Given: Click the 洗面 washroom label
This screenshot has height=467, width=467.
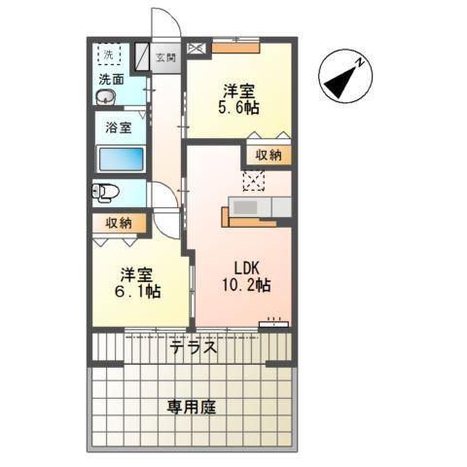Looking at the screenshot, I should (109, 80).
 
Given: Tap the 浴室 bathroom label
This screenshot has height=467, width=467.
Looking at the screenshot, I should (118, 126).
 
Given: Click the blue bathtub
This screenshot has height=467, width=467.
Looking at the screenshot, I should (121, 159).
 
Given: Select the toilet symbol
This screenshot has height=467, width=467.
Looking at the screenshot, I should (104, 192).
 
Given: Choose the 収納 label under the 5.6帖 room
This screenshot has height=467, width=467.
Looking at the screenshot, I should (268, 155).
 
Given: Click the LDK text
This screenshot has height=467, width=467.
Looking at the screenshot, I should (245, 268).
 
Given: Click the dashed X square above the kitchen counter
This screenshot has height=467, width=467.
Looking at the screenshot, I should (254, 179).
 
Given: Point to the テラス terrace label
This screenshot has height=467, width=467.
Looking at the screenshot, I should (193, 347).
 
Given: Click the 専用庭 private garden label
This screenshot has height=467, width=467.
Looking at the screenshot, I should (194, 407).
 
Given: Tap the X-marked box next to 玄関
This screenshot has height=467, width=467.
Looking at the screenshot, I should (198, 46).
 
